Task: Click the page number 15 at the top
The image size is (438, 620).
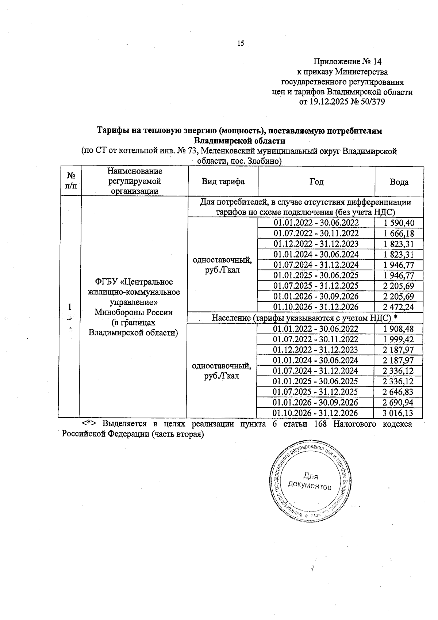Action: pyautogui.click(x=241, y=43)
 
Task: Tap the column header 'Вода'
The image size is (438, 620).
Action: pyautogui.click(x=399, y=182)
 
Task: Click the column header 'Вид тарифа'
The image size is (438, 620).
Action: pyautogui.click(x=223, y=182)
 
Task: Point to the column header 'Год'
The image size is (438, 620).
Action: pyautogui.click(x=316, y=182)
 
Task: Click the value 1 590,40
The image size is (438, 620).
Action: pyautogui.click(x=399, y=223)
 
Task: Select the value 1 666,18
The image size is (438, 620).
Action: pyautogui.click(x=399, y=233)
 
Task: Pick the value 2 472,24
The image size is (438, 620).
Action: pyautogui.click(x=399, y=307)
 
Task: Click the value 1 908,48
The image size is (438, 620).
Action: pyautogui.click(x=399, y=329)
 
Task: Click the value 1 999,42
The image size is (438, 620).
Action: pyautogui.click(x=399, y=339)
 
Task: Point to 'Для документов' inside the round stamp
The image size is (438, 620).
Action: pyautogui.click(x=310, y=482)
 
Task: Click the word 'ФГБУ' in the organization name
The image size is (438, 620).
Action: pyautogui.click(x=106, y=282)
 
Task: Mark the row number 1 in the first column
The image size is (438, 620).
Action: pyautogui.click(x=69, y=307)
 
